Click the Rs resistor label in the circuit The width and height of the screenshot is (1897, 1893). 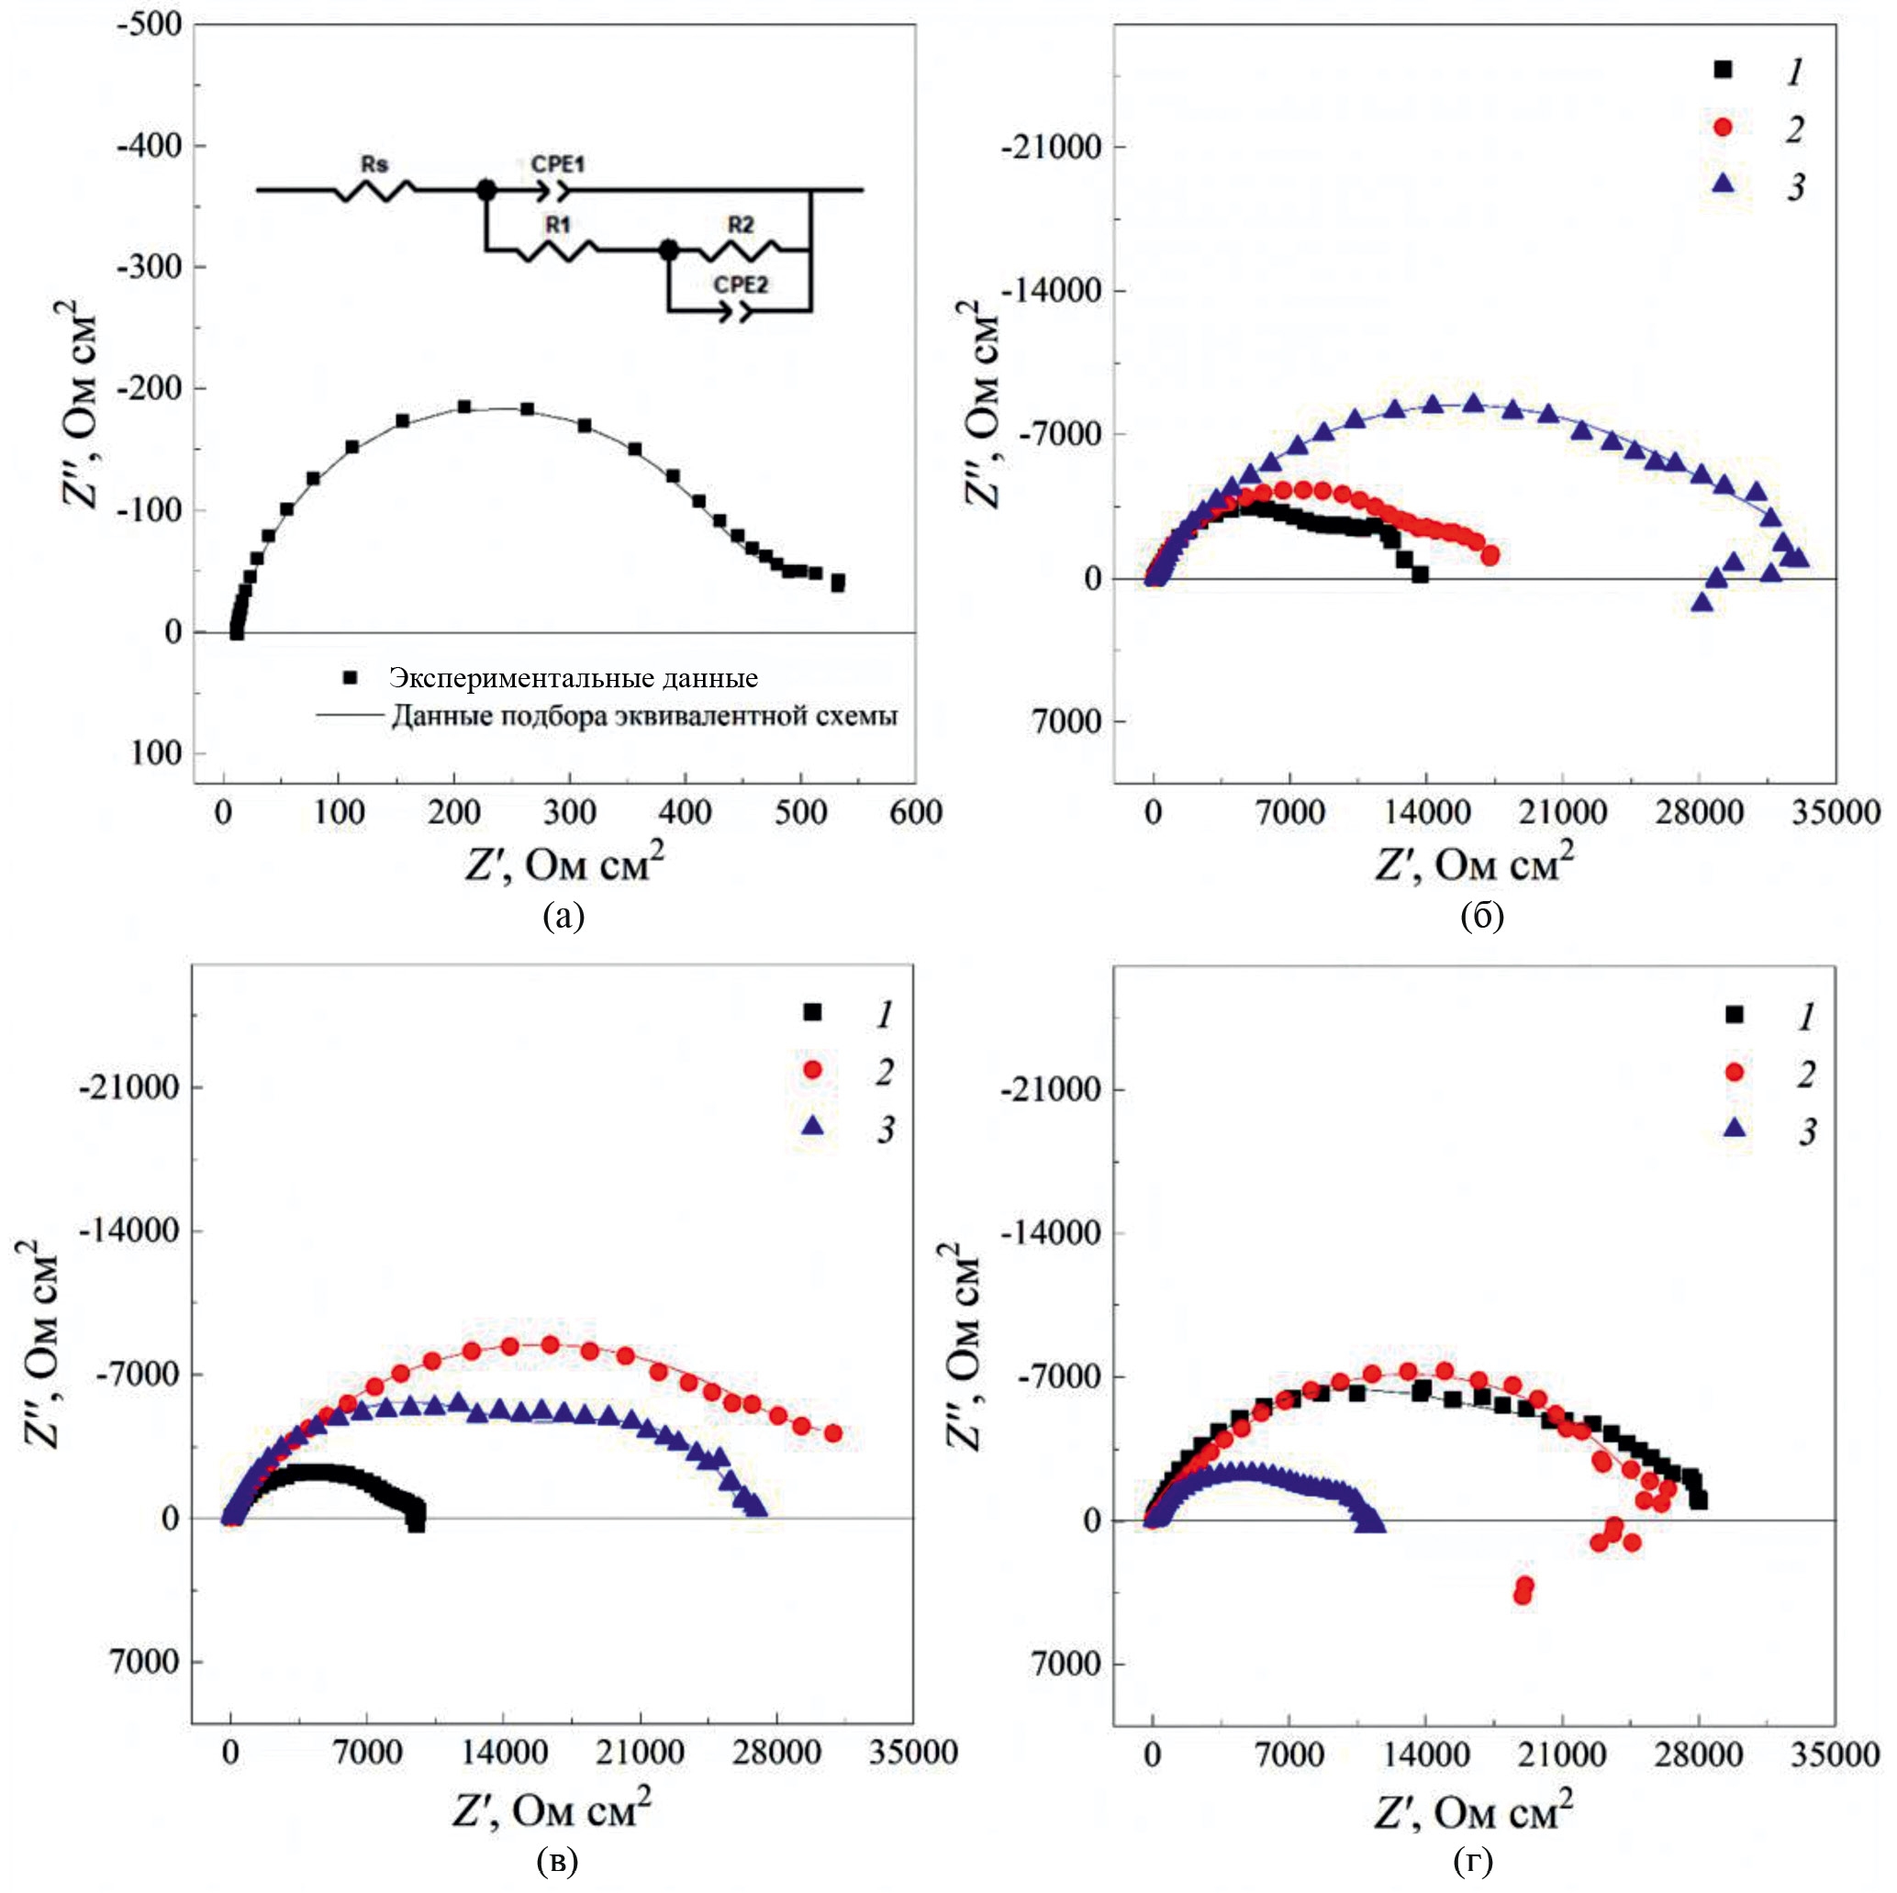(374, 164)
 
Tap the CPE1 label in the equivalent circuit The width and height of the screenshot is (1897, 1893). (558, 164)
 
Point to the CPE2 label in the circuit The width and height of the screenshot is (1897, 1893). (741, 284)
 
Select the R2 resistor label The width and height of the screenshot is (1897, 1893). (741, 225)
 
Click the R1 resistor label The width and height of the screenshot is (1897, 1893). (558, 225)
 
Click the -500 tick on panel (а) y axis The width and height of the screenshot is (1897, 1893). (151, 25)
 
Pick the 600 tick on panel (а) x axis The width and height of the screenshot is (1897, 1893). (915, 813)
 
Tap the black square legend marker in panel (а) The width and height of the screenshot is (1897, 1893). (350, 677)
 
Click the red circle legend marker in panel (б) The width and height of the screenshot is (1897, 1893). (1723, 128)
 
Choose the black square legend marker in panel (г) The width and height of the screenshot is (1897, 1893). (1734, 1015)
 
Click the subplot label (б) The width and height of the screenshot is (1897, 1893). (1481, 916)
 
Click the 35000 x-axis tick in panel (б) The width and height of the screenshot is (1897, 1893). (1836, 813)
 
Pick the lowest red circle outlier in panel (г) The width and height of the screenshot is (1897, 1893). (1523, 1597)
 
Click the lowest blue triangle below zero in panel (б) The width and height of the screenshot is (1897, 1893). (1702, 602)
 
